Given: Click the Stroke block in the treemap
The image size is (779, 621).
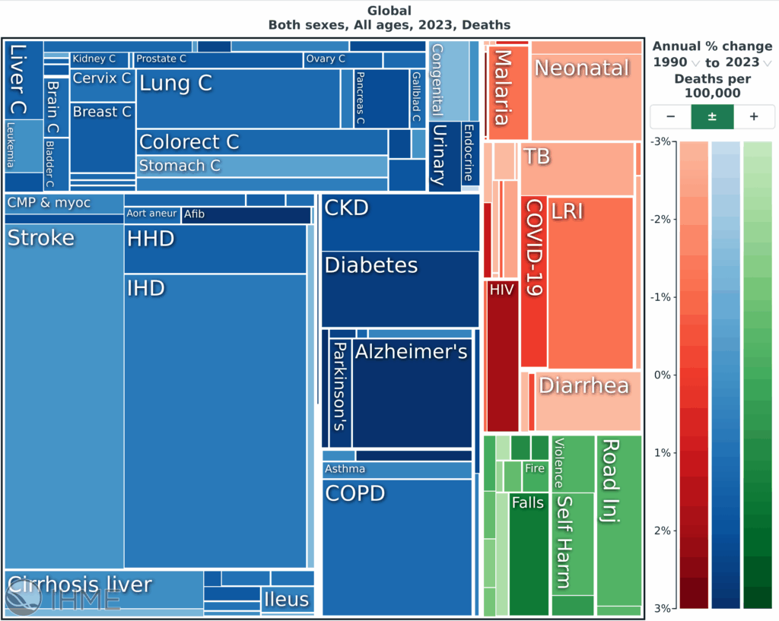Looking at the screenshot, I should point(64,395).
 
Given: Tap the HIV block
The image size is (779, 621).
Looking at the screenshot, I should point(501,357).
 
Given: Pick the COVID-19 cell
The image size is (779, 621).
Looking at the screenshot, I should point(533,281).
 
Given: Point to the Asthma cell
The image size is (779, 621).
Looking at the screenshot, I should point(396,470).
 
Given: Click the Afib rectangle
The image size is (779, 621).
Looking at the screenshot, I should point(246,215).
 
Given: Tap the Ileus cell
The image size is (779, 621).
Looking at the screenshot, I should point(287,599).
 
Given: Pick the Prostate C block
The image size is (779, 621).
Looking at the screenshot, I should point(218,59).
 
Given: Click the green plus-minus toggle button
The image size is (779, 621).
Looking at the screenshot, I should point(712,117).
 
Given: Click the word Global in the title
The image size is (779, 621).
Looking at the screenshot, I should point(389,11).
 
